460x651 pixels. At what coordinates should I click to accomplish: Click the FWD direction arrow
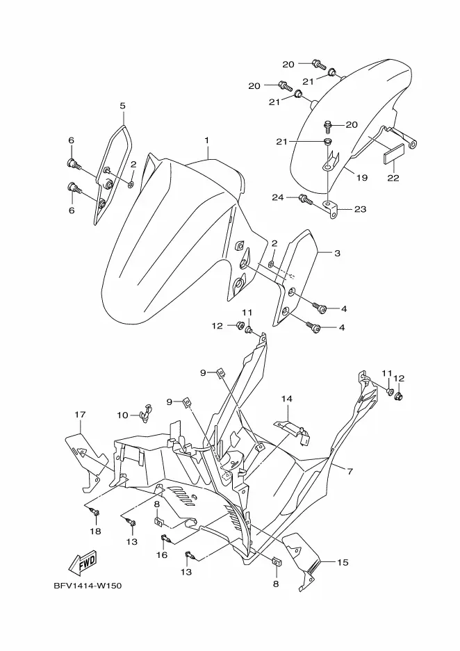(x=83, y=563)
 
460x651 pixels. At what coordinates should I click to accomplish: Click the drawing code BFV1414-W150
(x=87, y=586)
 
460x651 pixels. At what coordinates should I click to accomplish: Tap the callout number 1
(x=207, y=140)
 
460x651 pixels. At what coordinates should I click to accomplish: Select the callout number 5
(x=122, y=106)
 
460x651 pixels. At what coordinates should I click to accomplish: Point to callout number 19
(x=362, y=178)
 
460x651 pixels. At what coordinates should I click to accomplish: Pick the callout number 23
(x=361, y=209)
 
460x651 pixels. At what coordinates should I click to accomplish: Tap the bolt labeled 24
(x=305, y=199)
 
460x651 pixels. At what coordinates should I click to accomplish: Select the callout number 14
(x=286, y=399)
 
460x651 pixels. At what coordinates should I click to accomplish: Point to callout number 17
(x=80, y=414)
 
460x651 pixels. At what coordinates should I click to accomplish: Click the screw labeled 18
(x=95, y=513)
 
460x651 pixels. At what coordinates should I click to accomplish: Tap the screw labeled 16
(x=165, y=539)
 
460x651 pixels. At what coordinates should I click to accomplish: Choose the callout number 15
(x=343, y=563)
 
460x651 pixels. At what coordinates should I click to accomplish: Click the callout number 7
(x=350, y=472)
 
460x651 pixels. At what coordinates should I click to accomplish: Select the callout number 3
(x=337, y=253)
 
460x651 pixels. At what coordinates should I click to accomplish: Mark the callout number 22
(x=393, y=178)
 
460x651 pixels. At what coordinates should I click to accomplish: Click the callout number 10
(x=122, y=415)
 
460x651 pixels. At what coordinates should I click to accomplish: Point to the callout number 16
(x=162, y=555)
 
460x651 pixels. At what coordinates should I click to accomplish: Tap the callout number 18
(x=95, y=531)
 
